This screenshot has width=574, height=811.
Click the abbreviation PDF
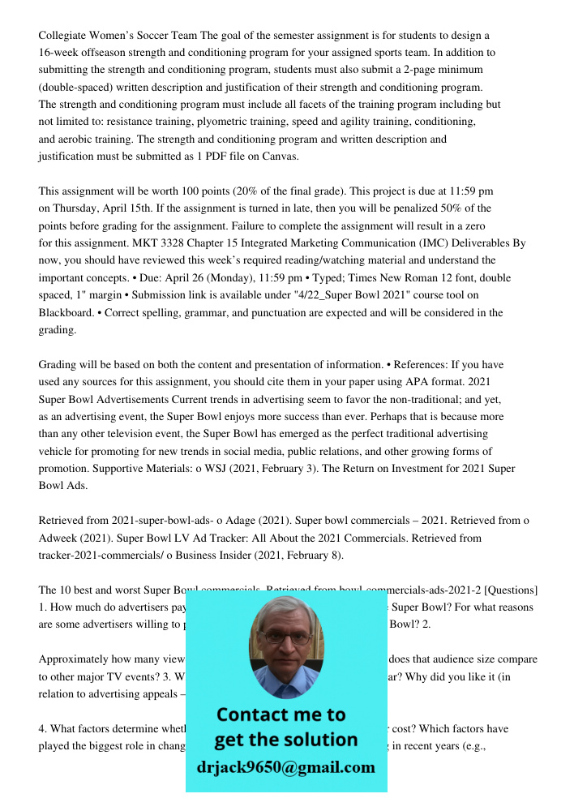tap(217, 157)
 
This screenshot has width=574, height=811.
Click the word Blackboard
tap(68, 313)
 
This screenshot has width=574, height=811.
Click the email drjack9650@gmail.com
tap(285, 767)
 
